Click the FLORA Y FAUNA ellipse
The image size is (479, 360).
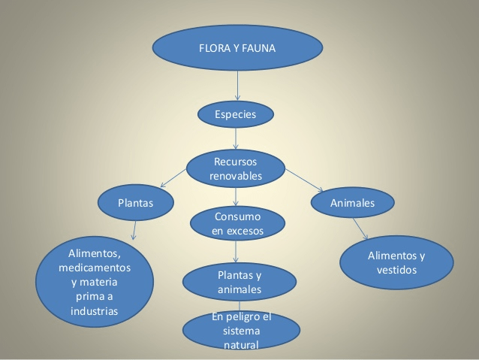pos(237,47)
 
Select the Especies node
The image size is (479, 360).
pos(236,114)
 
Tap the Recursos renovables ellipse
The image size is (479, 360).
pos(236,168)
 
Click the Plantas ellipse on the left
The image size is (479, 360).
pos(136,202)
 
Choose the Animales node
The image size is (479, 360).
pos(353,202)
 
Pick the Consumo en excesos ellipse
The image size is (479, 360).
pos(237,223)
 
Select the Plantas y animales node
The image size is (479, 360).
pos(239,282)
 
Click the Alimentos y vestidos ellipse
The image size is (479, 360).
pos(396,262)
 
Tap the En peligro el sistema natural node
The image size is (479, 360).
pos(241,331)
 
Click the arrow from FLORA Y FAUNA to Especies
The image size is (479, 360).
pos(237,86)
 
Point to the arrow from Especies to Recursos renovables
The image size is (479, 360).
pos(236,138)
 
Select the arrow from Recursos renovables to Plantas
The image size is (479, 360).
pos(173,177)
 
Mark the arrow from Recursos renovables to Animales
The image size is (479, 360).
pos(304,180)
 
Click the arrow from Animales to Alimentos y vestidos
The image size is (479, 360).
pos(360,228)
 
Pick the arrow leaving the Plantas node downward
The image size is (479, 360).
pos(134,230)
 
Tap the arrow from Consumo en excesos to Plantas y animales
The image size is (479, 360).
pos(236,252)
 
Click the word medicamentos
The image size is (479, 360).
pos(95,268)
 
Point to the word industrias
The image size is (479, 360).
pos(94,311)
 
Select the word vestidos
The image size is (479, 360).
pos(396,270)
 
